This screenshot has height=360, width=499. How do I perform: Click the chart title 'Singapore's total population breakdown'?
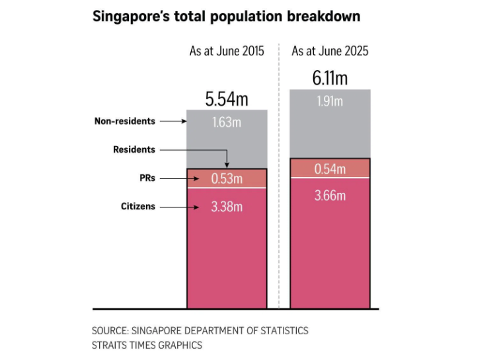(x=227, y=17)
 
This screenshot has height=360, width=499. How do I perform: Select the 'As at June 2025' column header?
(x=330, y=51)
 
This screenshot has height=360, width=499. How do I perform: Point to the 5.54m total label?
(x=227, y=99)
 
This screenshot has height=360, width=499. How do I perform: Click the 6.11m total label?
(x=330, y=79)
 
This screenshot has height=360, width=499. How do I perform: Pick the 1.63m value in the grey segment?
(x=227, y=122)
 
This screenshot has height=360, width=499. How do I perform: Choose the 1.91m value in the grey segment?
(x=330, y=101)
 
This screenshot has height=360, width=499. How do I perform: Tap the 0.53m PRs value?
(x=227, y=178)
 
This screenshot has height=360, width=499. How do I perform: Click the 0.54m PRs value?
(x=330, y=168)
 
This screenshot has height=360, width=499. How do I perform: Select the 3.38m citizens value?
(x=227, y=207)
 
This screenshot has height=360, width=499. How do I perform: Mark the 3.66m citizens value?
(x=330, y=196)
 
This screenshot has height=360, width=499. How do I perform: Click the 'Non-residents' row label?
(x=125, y=121)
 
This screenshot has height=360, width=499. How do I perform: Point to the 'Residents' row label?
(x=134, y=149)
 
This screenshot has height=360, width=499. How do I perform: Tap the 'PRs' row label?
(x=147, y=178)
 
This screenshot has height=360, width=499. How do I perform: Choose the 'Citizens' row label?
(x=138, y=206)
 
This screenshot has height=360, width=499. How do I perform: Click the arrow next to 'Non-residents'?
(x=173, y=122)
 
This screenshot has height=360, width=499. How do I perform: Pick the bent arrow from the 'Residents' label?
(x=198, y=151)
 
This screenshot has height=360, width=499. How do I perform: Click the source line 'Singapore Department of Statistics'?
(x=200, y=330)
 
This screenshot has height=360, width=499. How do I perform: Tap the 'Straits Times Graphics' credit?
(x=147, y=345)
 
